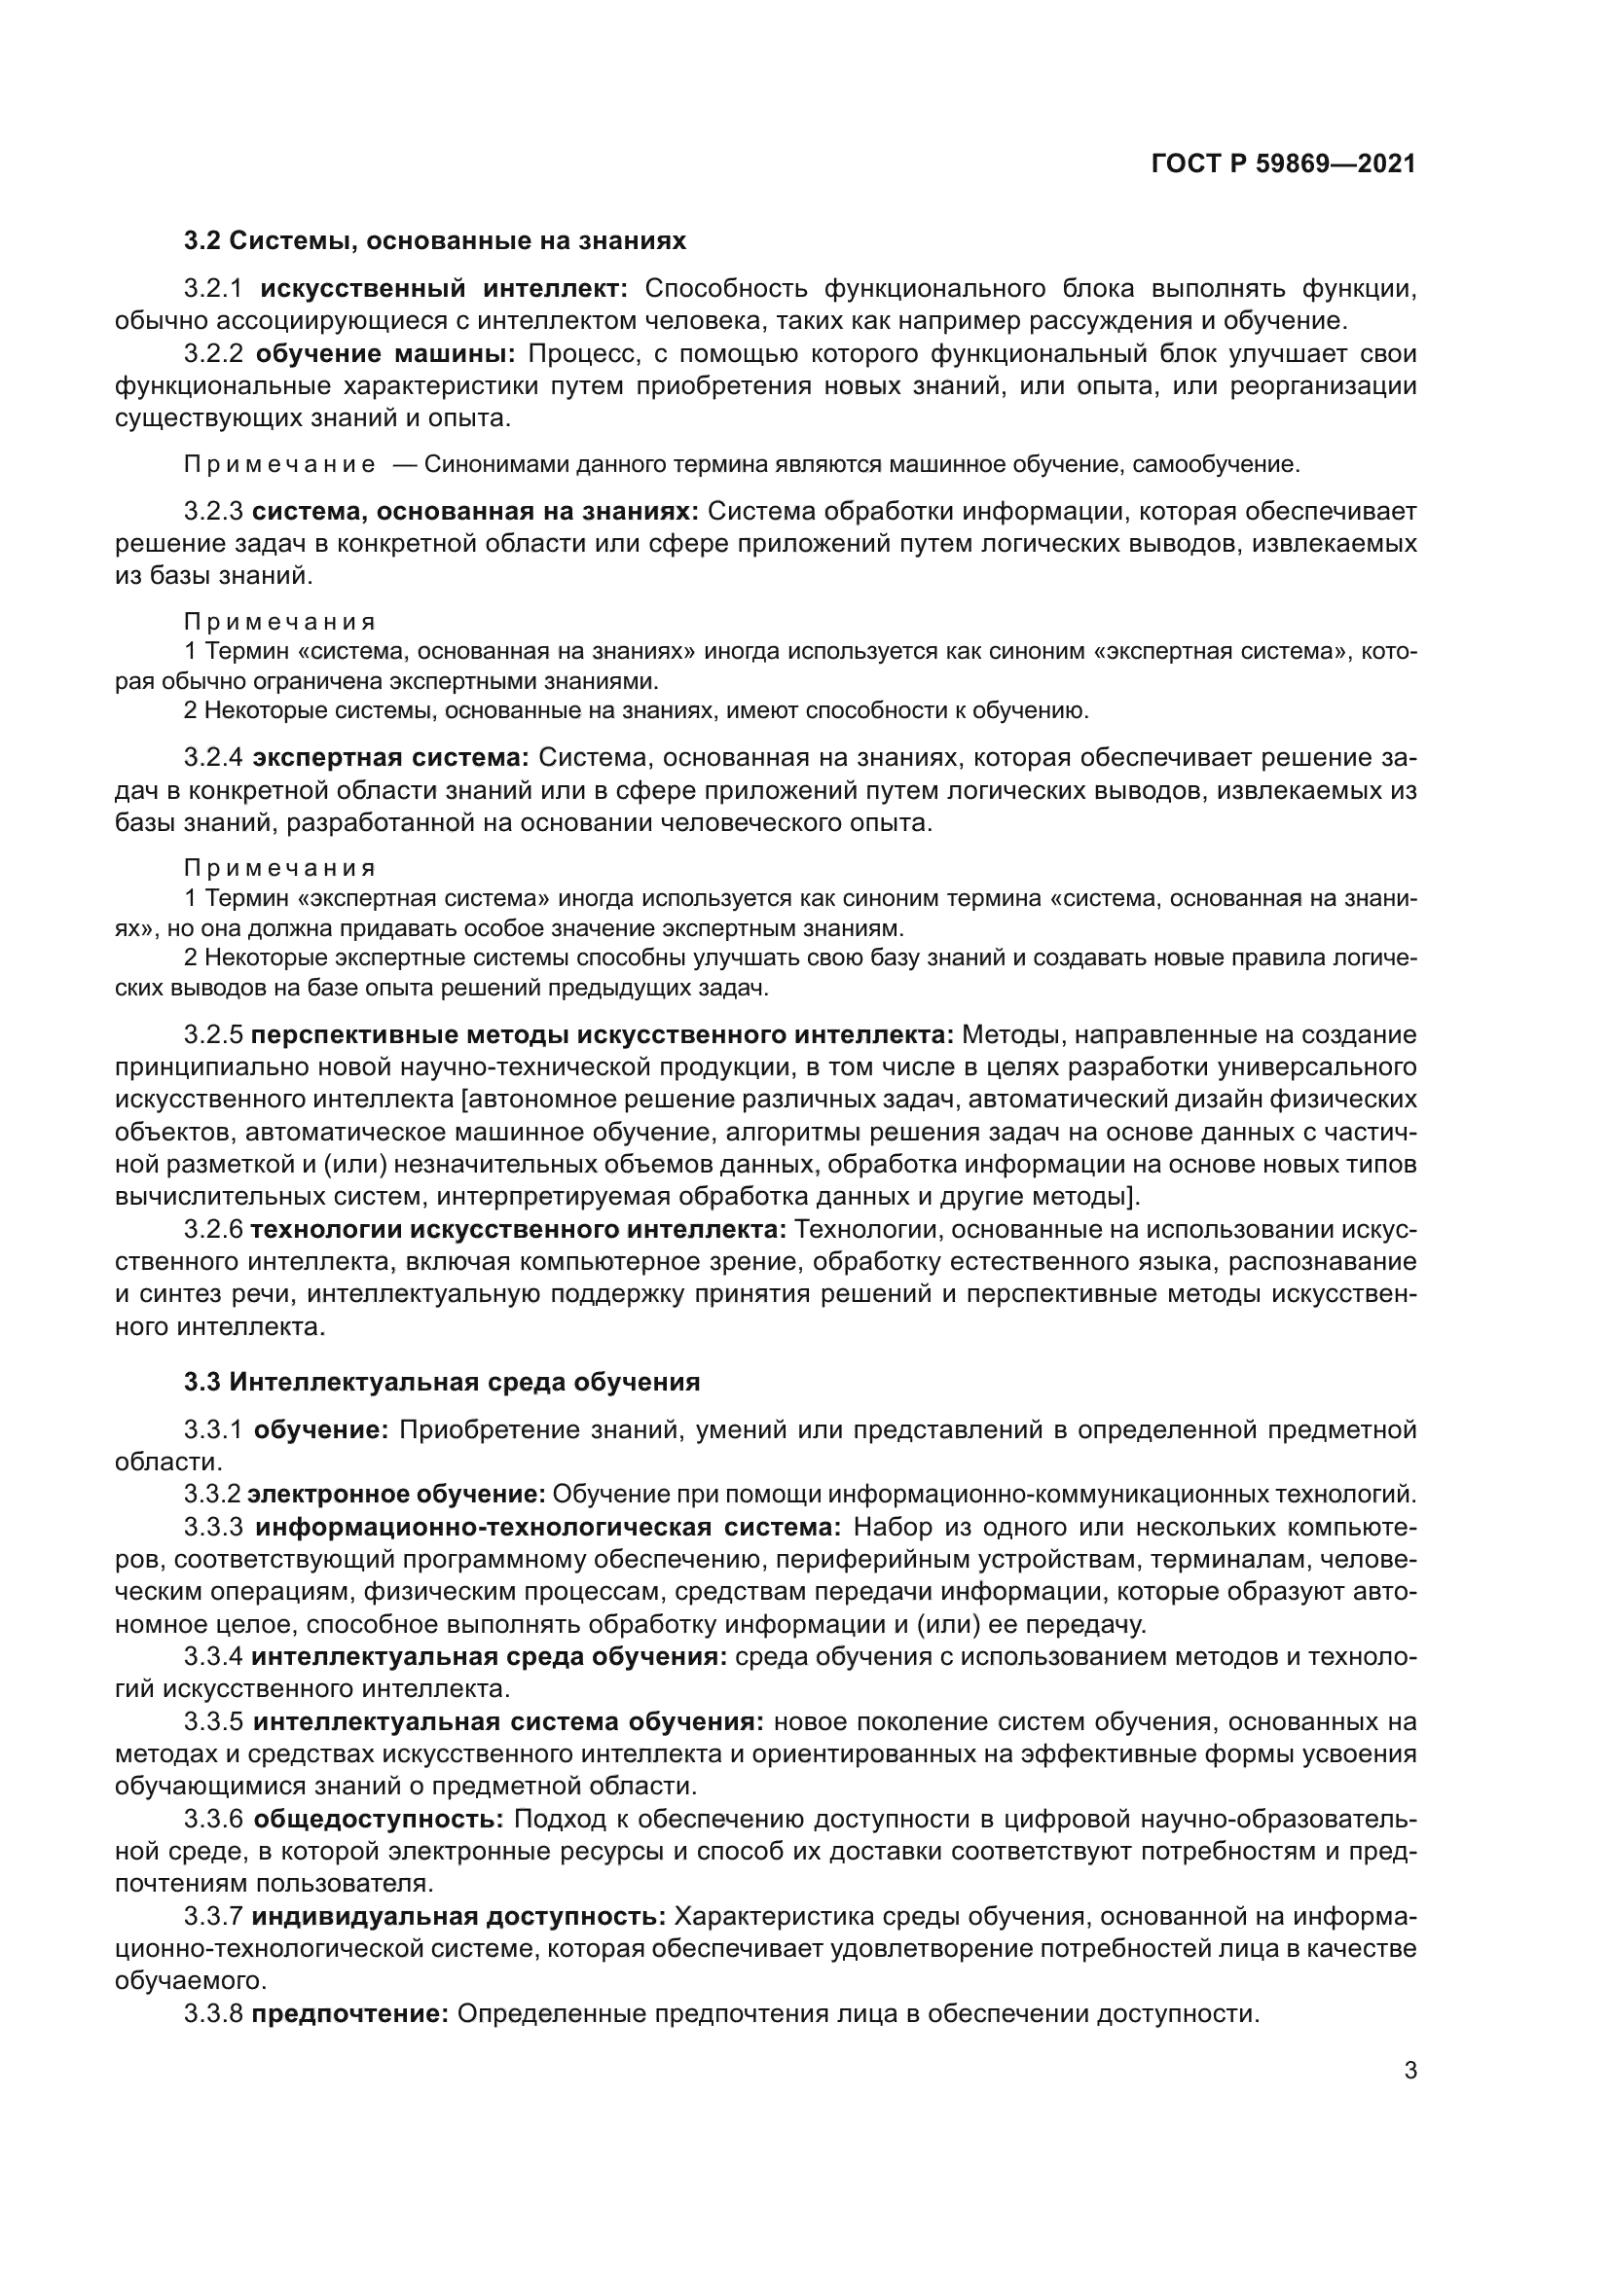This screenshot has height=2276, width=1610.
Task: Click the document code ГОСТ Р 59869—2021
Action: (1284, 164)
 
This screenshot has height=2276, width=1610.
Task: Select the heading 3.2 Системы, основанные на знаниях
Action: (434, 241)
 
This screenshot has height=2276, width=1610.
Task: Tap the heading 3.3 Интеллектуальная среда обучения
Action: (441, 1382)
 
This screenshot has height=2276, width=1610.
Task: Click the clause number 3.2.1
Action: (213, 289)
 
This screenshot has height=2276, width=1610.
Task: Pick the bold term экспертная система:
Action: (390, 758)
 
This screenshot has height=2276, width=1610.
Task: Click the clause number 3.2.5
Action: (213, 1036)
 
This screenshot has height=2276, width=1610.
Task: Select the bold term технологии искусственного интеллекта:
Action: (518, 1230)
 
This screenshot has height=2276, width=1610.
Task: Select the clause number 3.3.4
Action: (213, 1656)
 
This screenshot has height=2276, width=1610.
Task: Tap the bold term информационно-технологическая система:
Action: (547, 1527)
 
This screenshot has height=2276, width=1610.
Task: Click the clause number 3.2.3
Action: (213, 512)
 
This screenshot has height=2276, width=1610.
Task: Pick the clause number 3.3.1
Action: (213, 1430)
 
